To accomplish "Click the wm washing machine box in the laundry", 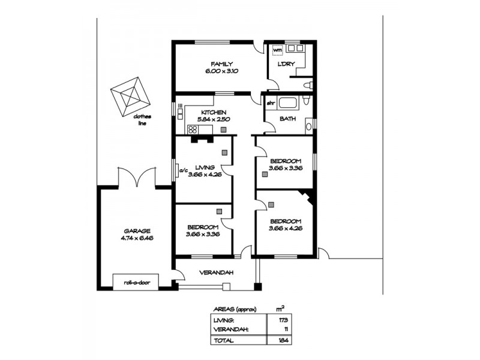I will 277,50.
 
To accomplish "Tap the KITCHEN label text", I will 213,112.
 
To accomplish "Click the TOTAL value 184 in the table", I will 282,340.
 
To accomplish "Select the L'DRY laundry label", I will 284,64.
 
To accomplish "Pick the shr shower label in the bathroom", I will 270,102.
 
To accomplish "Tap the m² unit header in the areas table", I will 279,309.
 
